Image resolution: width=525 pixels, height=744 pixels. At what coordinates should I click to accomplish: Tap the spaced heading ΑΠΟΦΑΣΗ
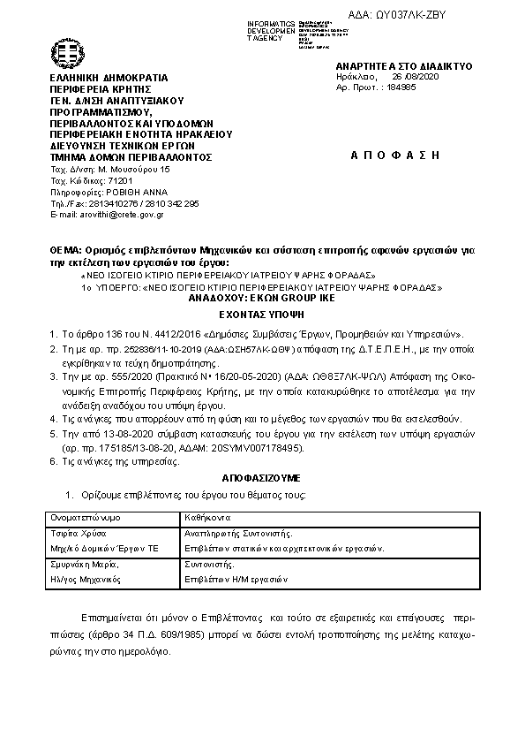point(394,154)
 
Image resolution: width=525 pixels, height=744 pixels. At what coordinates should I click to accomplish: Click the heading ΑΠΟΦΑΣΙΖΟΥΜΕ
point(261,476)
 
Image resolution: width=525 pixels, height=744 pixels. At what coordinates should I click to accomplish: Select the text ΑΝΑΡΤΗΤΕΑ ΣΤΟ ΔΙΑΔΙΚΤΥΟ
point(404,66)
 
